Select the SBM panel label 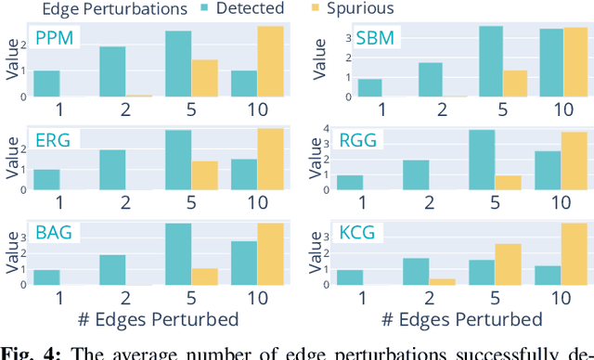click(350, 41)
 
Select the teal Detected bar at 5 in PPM click(178, 64)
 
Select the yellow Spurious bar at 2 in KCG click(443, 280)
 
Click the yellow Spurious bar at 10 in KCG click(575, 253)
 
